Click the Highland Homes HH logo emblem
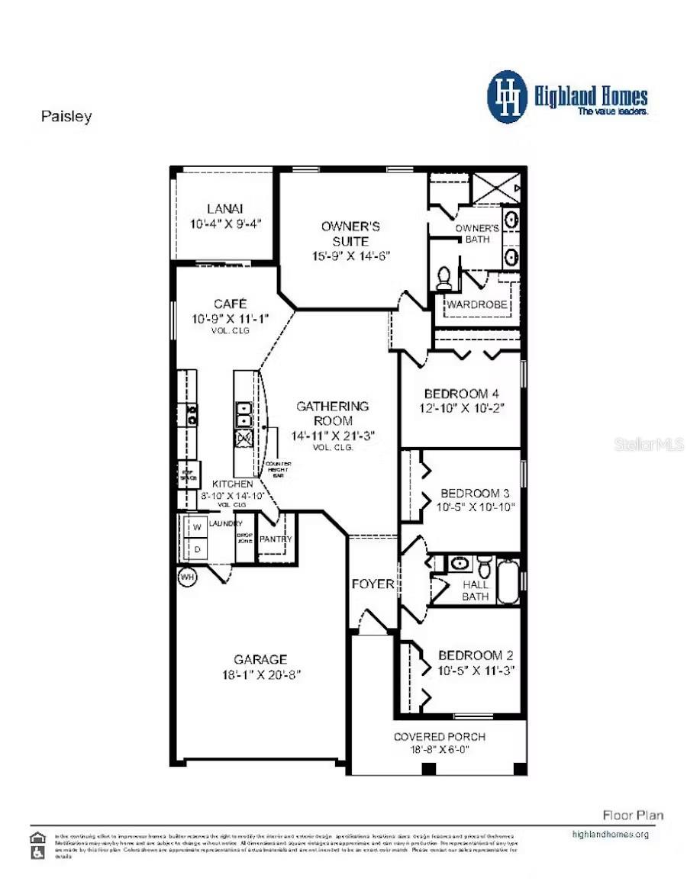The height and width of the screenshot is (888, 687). pyautogui.click(x=508, y=97)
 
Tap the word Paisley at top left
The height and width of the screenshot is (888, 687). pyautogui.click(x=66, y=117)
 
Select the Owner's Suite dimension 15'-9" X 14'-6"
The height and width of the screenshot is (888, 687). pyautogui.click(x=350, y=256)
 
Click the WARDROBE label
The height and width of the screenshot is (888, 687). pyautogui.click(x=477, y=305)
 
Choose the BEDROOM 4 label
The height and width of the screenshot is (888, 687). pyautogui.click(x=456, y=394)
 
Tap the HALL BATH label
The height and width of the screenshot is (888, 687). pyautogui.click(x=476, y=590)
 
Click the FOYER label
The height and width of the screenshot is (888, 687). pyautogui.click(x=373, y=584)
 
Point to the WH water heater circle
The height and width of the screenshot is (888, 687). pyautogui.click(x=187, y=578)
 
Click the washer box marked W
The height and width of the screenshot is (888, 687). pyautogui.click(x=195, y=528)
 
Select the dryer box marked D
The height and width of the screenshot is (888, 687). pyautogui.click(x=195, y=549)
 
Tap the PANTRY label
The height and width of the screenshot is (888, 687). pyautogui.click(x=276, y=539)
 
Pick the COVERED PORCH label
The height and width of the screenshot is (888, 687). pyautogui.click(x=439, y=736)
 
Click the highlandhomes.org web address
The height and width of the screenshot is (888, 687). pyautogui.click(x=610, y=834)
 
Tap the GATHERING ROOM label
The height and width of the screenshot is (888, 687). pyautogui.click(x=332, y=413)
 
